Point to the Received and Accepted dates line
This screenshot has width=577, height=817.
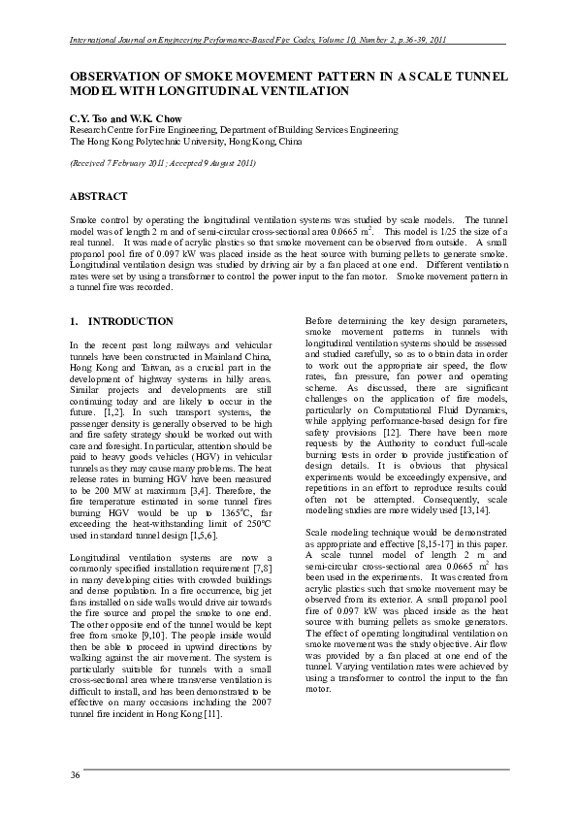(162, 162)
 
